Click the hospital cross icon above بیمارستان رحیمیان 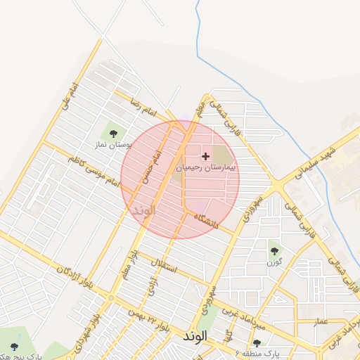[x=205, y=155]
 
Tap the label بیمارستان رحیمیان [x=207, y=168]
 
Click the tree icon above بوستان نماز [x=112, y=131]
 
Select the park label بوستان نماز [x=113, y=144]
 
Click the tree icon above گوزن [x=274, y=250]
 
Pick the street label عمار [x=321, y=321]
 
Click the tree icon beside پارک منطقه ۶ [x=257, y=344]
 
